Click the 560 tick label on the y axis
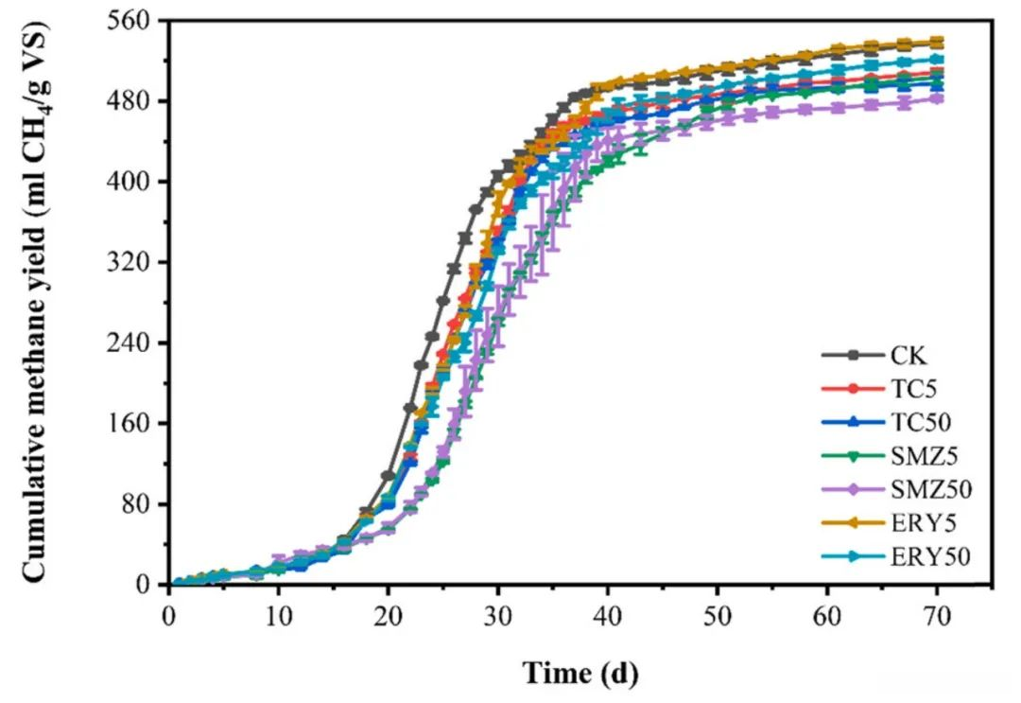tap(134, 20)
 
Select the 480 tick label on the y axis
tap(134, 100)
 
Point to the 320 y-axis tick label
tap(134, 262)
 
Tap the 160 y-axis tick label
tap(134, 423)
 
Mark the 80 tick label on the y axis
tap(140, 503)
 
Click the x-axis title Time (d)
tap(580, 674)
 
